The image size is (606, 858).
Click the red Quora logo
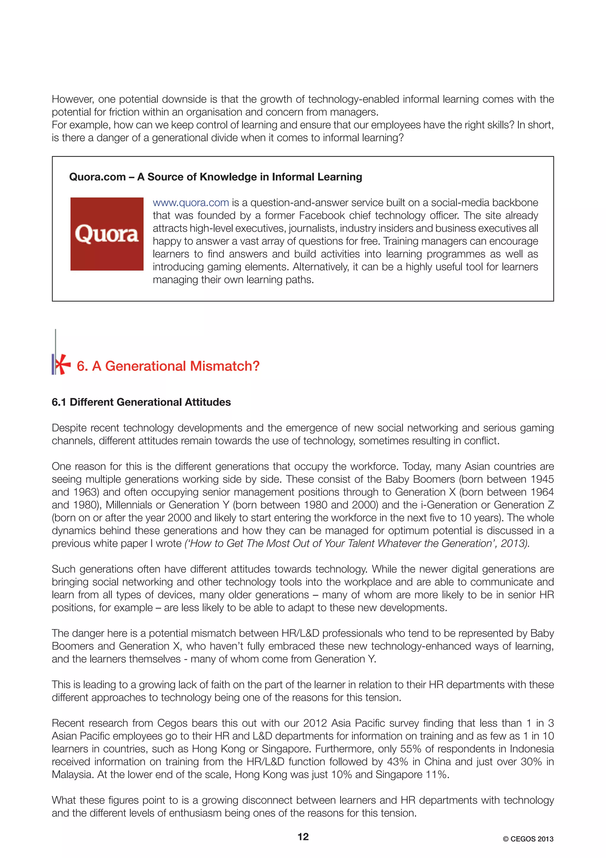click(x=107, y=234)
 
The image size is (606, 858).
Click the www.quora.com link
click(x=191, y=203)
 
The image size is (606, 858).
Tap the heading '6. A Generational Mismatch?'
click(x=168, y=366)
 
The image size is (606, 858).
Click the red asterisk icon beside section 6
click(x=62, y=364)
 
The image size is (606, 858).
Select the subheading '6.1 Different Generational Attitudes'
click(x=141, y=402)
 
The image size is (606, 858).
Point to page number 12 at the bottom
click(x=303, y=837)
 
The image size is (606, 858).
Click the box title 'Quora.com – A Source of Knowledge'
click(x=215, y=177)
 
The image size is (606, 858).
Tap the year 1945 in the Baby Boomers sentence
click(x=542, y=479)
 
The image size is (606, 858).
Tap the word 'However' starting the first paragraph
click(x=72, y=99)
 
